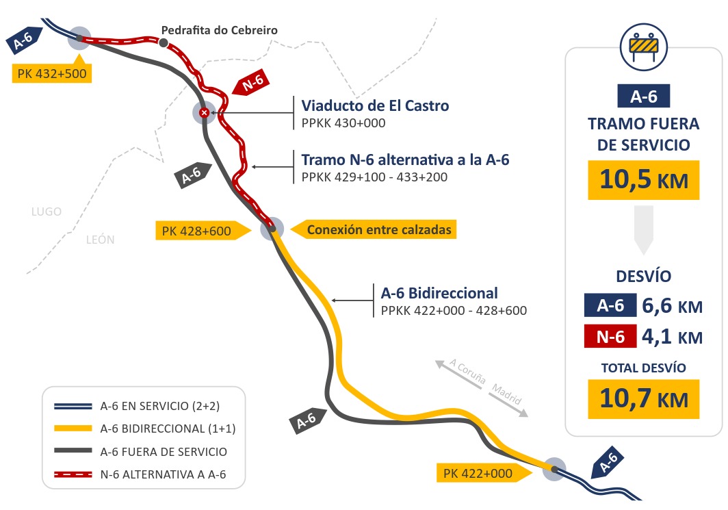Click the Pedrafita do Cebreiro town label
219,30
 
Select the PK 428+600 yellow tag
203,231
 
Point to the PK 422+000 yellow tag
484,473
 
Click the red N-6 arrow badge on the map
252,83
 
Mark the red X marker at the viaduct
204,112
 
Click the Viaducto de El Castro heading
375,105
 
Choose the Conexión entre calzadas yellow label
374,229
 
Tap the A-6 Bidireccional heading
439,293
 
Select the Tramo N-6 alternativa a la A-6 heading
405,160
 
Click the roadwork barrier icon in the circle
643,47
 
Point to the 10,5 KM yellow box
643,180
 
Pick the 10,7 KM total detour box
643,399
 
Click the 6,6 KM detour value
672,306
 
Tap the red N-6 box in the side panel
610,337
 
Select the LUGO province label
47,212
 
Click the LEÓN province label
101,240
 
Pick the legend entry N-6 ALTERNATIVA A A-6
140,474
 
